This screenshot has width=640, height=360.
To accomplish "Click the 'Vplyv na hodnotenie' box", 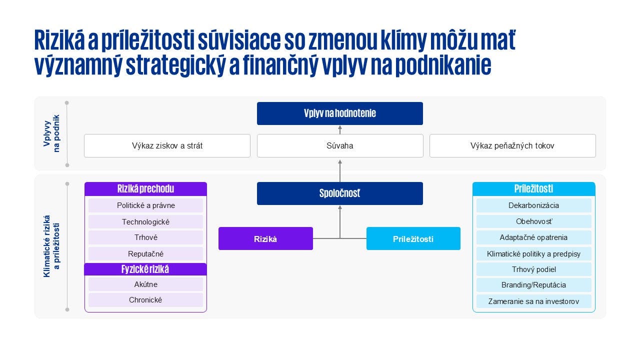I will click(339, 113).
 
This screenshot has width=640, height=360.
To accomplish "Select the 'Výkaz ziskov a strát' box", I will click(167, 146).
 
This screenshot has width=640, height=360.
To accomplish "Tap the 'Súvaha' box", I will click(339, 146).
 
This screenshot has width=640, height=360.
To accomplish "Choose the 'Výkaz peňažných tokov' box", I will click(512, 146).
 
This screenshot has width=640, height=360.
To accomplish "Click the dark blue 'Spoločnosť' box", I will click(339, 193).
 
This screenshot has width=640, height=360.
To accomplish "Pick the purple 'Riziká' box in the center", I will click(265, 239).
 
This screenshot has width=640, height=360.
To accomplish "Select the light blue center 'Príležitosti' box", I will click(413, 239).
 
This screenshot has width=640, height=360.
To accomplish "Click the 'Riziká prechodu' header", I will click(145, 189).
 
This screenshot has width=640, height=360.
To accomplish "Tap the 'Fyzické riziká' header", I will click(145, 269).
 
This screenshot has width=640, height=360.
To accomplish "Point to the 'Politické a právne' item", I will click(145, 205).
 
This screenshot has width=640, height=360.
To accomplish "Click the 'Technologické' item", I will click(145, 222).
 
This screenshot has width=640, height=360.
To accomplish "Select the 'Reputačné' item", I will click(145, 254).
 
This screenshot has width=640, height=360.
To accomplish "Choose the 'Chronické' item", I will click(145, 300).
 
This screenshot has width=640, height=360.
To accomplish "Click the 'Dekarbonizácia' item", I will click(533, 205).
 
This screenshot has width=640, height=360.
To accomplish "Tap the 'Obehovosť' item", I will click(533, 221).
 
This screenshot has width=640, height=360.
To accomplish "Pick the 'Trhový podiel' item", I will click(533, 269).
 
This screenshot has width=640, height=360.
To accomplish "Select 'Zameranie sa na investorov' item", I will click(533, 301).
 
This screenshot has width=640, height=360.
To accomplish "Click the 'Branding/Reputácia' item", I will click(533, 285).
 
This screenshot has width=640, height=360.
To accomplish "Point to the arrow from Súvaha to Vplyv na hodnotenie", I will click(340, 129).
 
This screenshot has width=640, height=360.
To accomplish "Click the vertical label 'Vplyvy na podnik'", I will click(51, 133).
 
